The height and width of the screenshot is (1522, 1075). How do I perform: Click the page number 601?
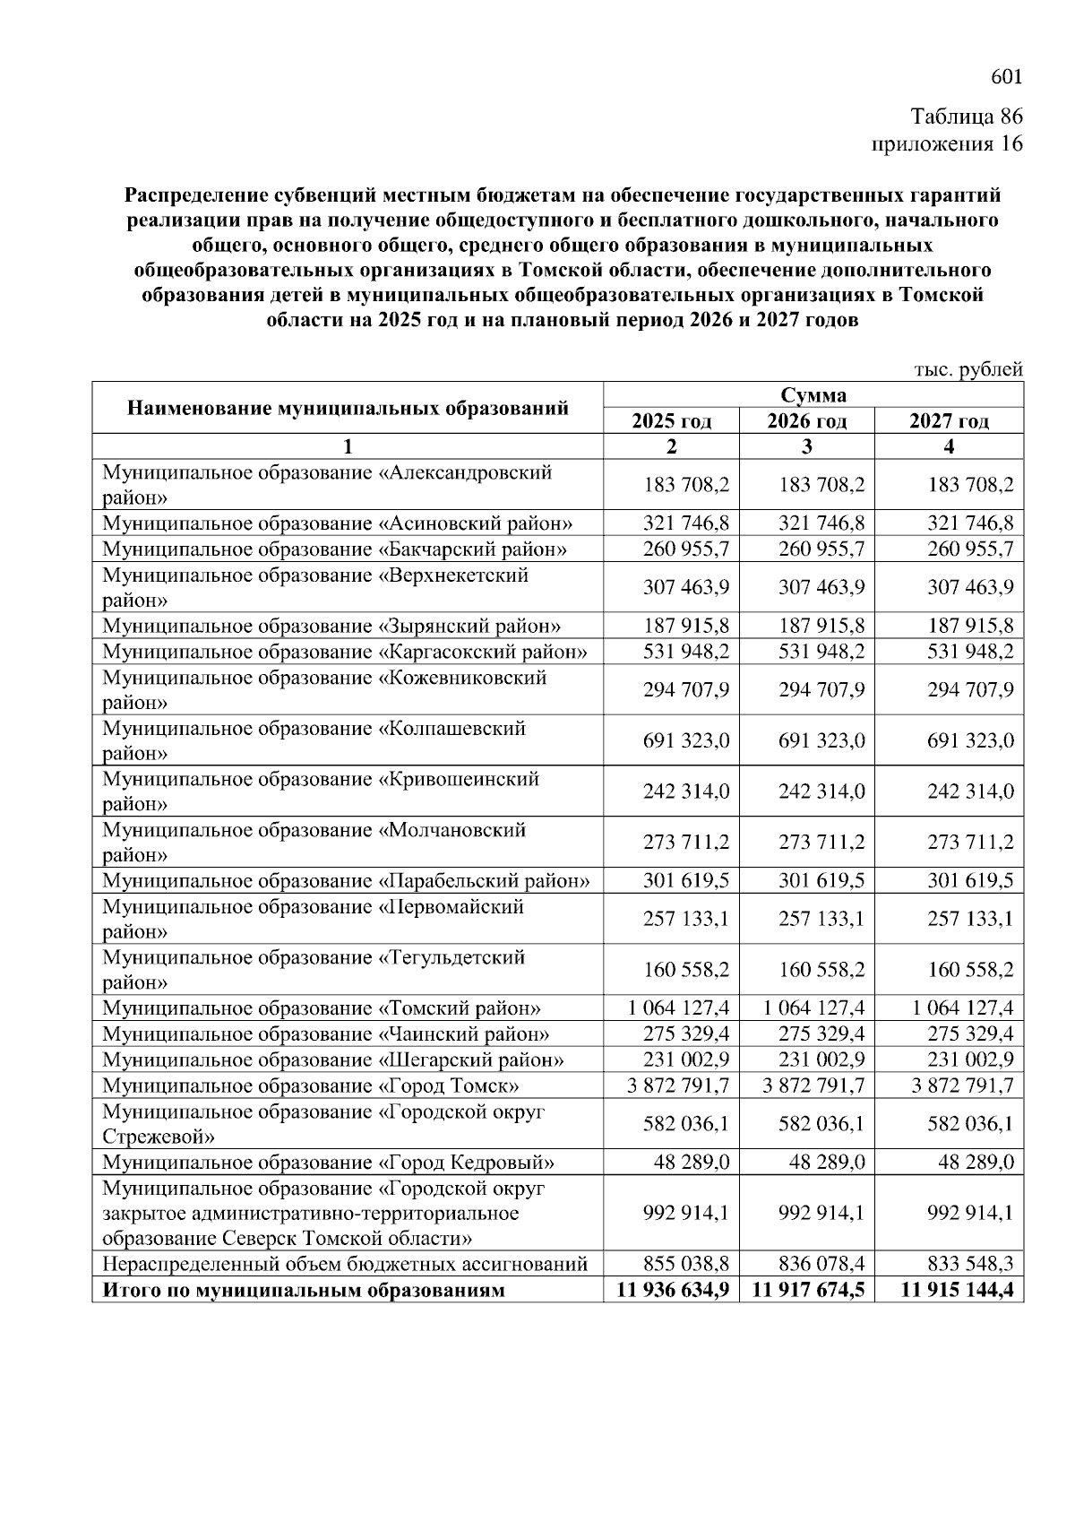click(x=1006, y=78)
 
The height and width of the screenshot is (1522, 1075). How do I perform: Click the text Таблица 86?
click(x=966, y=117)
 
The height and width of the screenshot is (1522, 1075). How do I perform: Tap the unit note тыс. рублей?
click(x=967, y=369)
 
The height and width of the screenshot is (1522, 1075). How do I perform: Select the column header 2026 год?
click(x=806, y=421)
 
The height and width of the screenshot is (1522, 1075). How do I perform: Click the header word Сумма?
click(x=813, y=395)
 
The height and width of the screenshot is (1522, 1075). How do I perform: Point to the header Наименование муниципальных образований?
click(x=348, y=409)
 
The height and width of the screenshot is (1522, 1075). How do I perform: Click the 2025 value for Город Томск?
click(x=672, y=1085)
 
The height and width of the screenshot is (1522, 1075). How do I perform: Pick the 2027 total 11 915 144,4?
click(x=958, y=1291)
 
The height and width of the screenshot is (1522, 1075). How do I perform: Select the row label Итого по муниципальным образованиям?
click(x=305, y=1291)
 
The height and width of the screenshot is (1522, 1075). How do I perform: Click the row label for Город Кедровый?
click(x=328, y=1163)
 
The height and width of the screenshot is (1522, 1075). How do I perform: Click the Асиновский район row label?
click(x=337, y=523)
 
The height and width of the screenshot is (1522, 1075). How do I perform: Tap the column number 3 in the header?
click(x=806, y=446)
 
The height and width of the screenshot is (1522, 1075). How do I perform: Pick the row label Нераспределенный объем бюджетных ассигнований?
click(x=345, y=1265)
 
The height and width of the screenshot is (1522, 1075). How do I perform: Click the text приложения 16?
click(x=947, y=143)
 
